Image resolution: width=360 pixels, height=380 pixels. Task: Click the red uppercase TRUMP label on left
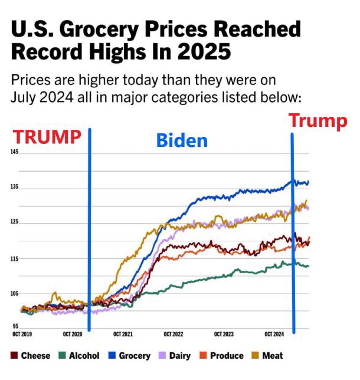47,136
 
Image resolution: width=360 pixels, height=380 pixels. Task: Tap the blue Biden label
182,140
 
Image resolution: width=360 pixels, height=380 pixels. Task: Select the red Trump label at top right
318,121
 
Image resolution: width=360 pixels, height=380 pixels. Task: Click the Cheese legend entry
31,355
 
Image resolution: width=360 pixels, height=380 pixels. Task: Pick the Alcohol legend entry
80,355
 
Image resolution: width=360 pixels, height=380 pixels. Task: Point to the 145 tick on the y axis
15,152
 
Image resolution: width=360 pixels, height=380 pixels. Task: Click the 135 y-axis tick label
15,187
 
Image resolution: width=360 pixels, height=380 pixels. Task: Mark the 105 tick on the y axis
15,293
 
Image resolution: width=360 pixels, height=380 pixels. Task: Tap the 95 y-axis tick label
15,326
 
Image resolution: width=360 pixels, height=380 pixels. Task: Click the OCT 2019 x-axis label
22,335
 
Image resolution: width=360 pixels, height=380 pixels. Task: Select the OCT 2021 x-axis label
123,335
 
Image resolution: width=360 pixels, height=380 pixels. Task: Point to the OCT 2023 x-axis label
224,335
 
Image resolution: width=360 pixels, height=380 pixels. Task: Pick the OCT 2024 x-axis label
274,335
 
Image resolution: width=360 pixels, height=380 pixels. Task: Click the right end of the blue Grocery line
308,182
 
